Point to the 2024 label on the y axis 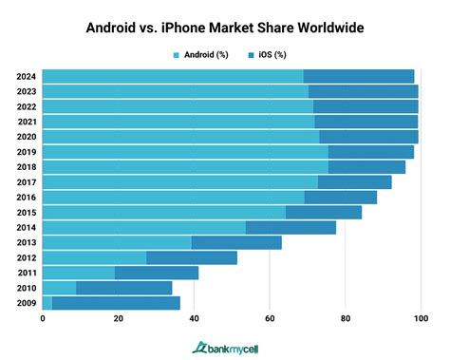click(26, 76)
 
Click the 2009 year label click(26, 303)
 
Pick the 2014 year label click(26, 227)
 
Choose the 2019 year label click(26, 152)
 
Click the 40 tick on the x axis click(194, 320)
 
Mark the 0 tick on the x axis click(43, 320)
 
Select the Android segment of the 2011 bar click(79, 273)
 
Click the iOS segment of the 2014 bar click(291, 227)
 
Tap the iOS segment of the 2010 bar click(123, 288)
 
